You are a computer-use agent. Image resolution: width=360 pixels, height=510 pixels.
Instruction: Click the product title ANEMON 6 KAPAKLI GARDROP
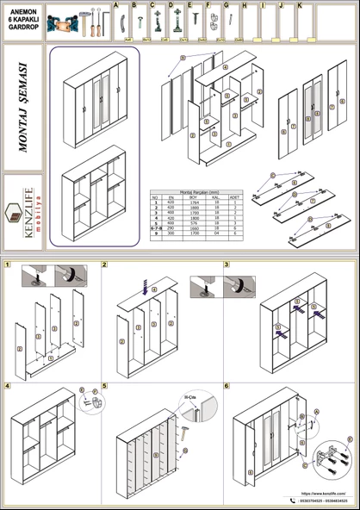pos(23,19)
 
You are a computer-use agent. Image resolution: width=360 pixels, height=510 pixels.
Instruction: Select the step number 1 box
pos(8,264)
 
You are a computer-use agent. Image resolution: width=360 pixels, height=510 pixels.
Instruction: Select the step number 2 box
pos(105,264)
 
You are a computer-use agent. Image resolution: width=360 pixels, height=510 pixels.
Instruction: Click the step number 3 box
pos(227,264)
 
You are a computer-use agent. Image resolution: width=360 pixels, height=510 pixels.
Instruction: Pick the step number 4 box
pos(8,386)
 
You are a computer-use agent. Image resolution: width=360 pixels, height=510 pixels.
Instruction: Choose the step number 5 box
pos(105,386)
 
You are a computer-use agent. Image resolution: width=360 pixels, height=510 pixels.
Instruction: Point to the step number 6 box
pos(227,386)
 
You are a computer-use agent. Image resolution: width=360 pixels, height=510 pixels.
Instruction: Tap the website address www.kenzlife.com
pos(323,494)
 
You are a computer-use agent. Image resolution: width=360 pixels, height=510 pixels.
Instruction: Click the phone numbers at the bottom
pos(323,501)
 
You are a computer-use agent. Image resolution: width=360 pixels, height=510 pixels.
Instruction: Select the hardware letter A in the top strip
pos(115,6)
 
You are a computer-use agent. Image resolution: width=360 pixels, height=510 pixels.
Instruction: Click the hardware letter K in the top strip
pos(299,6)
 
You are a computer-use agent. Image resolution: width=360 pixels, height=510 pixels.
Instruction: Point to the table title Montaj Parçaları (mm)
pos(196,195)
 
